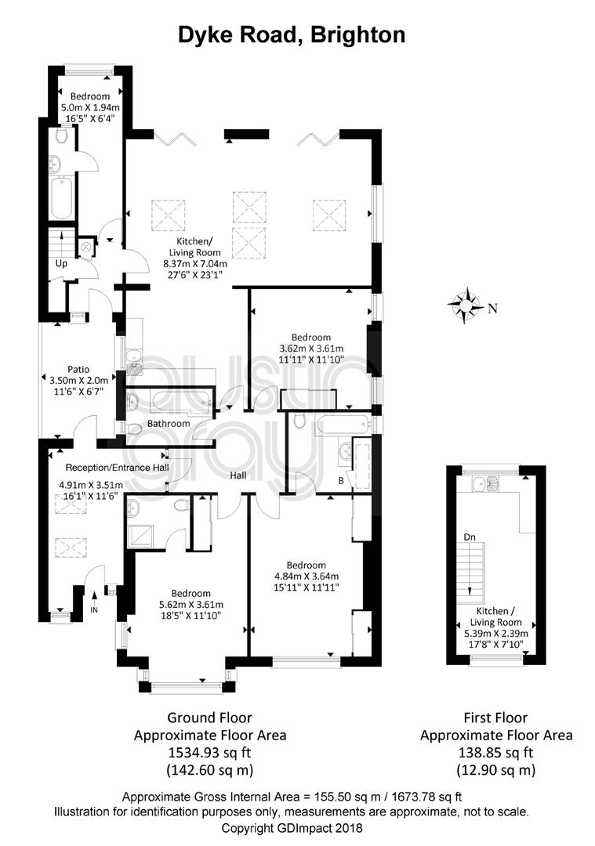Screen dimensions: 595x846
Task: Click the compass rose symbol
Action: [465, 305]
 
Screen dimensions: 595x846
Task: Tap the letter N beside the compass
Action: [492, 309]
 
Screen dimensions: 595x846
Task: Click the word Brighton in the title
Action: [358, 35]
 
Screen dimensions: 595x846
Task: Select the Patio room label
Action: [78, 370]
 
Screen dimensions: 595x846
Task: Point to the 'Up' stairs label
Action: [62, 264]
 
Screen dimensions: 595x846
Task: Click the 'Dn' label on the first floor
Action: [470, 537]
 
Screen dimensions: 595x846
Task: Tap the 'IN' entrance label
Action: [94, 610]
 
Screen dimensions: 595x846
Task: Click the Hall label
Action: [238, 475]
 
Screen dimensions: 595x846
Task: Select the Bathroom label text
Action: [169, 424]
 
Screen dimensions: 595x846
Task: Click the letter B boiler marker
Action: [341, 481]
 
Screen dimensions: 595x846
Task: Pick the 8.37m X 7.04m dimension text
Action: [195, 264]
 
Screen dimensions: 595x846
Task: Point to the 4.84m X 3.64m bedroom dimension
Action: [307, 577]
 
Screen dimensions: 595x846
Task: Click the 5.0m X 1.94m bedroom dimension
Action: [90, 107]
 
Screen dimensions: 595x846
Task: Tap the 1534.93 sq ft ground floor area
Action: [209, 752]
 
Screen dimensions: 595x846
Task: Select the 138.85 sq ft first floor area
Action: [495, 752]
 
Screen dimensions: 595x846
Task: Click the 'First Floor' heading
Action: [495, 718]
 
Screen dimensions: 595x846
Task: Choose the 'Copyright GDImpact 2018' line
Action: [292, 828]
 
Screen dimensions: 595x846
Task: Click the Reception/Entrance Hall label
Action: [117, 468]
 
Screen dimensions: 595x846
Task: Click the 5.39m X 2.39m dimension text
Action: [496, 634]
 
